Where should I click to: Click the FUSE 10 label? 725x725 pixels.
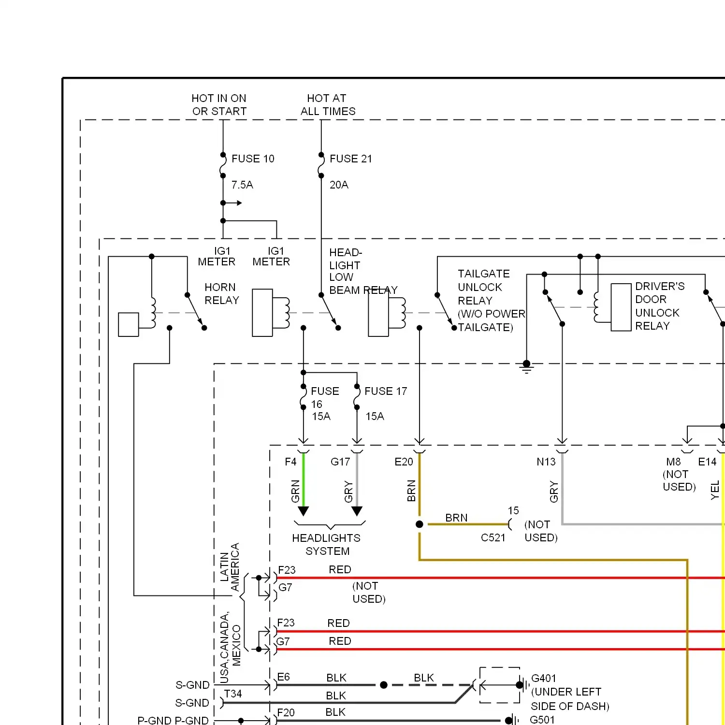253,159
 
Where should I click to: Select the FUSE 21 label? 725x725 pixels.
351,159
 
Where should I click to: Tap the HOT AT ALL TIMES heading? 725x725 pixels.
328,105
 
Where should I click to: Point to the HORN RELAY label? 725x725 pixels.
222,294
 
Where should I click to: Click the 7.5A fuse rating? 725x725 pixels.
242,185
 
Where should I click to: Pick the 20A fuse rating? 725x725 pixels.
339,185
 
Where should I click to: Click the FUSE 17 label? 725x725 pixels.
386,391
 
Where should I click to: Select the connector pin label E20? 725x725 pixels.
404,462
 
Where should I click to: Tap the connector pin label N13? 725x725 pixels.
546,462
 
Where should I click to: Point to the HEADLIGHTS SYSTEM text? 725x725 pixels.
327,545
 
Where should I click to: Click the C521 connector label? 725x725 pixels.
493,538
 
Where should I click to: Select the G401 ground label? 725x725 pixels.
544,679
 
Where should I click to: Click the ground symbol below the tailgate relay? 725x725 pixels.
527,368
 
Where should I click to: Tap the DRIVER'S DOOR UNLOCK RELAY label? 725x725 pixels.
659,306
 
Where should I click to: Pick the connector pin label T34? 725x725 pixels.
233,694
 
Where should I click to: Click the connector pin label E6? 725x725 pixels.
284,677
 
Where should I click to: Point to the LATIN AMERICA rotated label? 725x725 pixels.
230,566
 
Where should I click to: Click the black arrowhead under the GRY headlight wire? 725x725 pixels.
357,511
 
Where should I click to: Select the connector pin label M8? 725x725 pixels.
673,462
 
